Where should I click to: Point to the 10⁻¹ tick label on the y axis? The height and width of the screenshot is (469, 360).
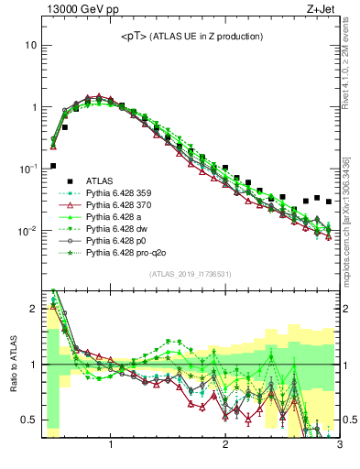pos(27,169)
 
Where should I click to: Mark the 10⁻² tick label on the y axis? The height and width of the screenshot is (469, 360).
pos(27,231)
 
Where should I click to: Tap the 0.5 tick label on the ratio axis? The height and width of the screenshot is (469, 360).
pos(27,420)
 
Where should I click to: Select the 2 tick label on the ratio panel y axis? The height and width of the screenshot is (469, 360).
pos(32,309)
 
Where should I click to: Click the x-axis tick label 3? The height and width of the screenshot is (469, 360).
pos(339,446)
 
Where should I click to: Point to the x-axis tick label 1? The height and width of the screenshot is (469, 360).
pos(111,446)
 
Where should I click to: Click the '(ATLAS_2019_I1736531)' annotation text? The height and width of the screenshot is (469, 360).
pos(190,275)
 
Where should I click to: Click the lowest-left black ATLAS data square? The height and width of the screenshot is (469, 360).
pos(53,166)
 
